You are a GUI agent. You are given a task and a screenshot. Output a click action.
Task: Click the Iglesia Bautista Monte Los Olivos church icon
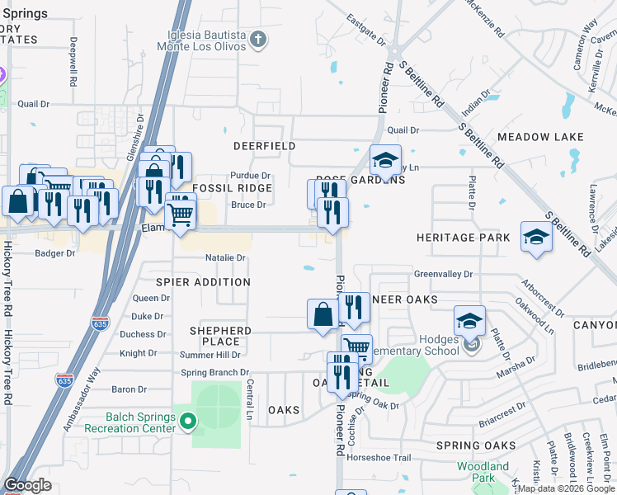(258, 38)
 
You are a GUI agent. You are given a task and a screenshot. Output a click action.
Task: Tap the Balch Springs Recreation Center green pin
(188, 422)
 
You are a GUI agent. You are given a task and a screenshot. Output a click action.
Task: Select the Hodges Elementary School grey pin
(471, 345)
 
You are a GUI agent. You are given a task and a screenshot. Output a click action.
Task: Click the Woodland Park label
(483, 472)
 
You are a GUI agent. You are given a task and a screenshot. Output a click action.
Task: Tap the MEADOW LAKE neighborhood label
(535, 136)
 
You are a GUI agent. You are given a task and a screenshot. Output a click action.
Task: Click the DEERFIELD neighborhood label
(264, 146)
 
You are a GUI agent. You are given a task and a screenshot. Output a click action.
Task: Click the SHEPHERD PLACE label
(220, 336)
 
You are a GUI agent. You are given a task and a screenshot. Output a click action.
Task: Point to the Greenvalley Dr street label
(443, 274)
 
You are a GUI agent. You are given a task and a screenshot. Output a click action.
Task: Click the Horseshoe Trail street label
(379, 457)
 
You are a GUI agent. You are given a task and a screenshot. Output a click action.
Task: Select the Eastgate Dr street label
(365, 29)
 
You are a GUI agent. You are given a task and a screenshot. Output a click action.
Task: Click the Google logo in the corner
(27, 485)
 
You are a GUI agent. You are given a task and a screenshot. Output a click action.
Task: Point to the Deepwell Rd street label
(73, 63)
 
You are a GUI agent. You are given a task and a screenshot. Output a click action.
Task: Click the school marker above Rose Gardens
(384, 159)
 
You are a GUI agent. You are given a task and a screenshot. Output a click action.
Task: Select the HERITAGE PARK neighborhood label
(457, 238)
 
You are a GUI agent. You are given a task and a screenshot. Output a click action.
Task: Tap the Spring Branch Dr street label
(215, 373)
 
